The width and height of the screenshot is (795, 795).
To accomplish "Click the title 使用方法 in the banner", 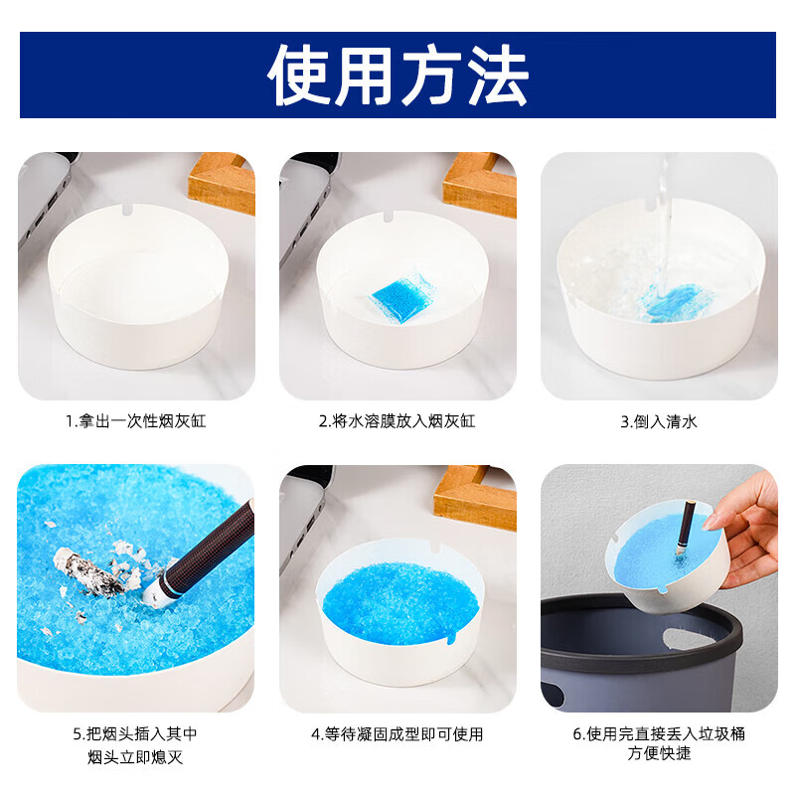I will pyautogui.click(x=397, y=75).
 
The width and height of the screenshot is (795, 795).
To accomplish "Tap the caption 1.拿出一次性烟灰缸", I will pyautogui.click(x=136, y=420).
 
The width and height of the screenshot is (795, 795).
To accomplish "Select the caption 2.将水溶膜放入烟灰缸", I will pyautogui.click(x=397, y=420).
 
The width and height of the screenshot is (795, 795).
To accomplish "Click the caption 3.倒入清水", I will pyautogui.click(x=659, y=420).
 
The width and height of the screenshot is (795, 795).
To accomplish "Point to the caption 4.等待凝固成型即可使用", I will pyautogui.click(x=397, y=734).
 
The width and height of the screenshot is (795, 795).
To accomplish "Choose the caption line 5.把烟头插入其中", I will pyautogui.click(x=136, y=734).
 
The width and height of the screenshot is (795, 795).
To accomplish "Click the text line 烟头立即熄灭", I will pyautogui.click(x=136, y=758).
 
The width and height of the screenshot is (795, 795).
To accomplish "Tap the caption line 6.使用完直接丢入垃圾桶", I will pyautogui.click(x=659, y=734).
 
